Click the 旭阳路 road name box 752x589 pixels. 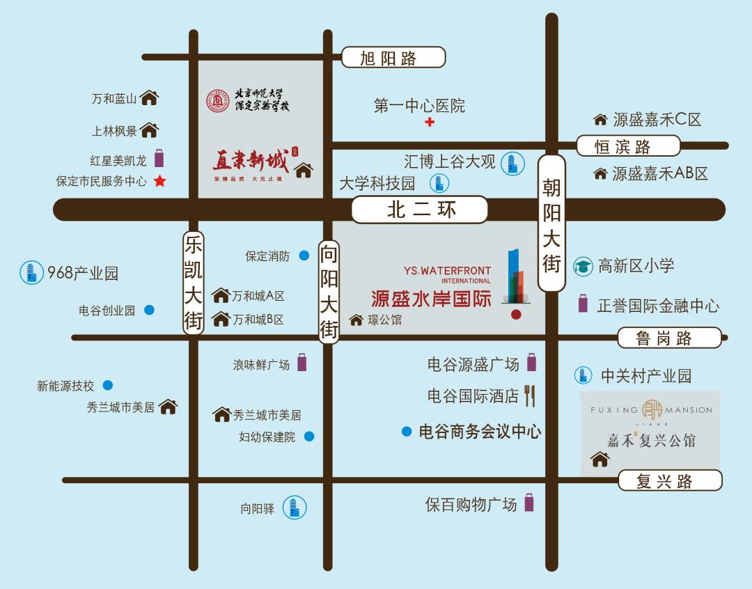click(x=393, y=57)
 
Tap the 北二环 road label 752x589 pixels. click(x=419, y=210)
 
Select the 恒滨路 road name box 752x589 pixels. click(x=628, y=146)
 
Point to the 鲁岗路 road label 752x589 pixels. click(x=669, y=338)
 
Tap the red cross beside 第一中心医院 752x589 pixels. click(x=430, y=123)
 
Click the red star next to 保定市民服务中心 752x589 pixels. click(x=159, y=181)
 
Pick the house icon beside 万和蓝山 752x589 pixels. click(x=150, y=98)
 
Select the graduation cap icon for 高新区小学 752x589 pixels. click(x=583, y=266)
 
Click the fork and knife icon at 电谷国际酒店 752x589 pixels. click(x=530, y=395)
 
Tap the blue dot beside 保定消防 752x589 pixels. click(x=304, y=256)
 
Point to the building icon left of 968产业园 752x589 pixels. click(x=29, y=272)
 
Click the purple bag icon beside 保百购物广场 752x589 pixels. click(x=529, y=503)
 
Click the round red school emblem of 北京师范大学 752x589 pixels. click(x=217, y=101)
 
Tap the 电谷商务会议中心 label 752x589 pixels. click(x=480, y=432)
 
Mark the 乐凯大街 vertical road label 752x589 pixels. click(x=193, y=282)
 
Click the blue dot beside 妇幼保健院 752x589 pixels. click(x=309, y=437)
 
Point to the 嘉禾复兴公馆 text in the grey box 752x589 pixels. click(x=650, y=440)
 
